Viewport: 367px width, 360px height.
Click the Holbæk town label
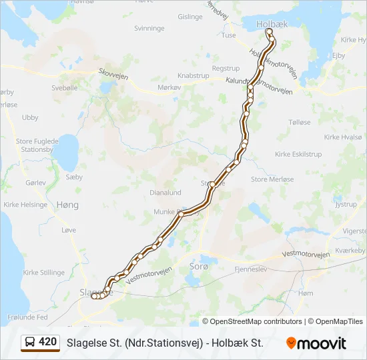(x=270, y=24)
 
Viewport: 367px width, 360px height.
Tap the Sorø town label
(x=200, y=266)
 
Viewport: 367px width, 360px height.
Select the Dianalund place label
(x=165, y=193)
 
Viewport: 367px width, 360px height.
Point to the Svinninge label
(x=149, y=29)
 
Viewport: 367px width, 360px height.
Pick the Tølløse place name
(x=300, y=123)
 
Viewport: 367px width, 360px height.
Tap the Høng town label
(x=67, y=205)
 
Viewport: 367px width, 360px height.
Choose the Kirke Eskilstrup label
(x=298, y=154)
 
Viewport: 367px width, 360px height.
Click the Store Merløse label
(x=272, y=179)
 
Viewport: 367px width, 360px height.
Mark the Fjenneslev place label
(x=250, y=269)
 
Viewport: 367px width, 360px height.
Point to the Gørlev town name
(x=36, y=182)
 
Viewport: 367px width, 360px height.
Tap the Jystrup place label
(x=346, y=205)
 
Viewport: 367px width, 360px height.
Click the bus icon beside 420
(x=30, y=342)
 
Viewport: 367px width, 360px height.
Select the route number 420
(x=48, y=342)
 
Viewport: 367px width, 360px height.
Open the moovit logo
(x=316, y=343)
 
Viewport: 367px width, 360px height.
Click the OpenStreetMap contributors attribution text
(x=252, y=321)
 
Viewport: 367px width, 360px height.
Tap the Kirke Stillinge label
(x=44, y=273)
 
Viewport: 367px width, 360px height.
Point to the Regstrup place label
(x=226, y=69)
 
